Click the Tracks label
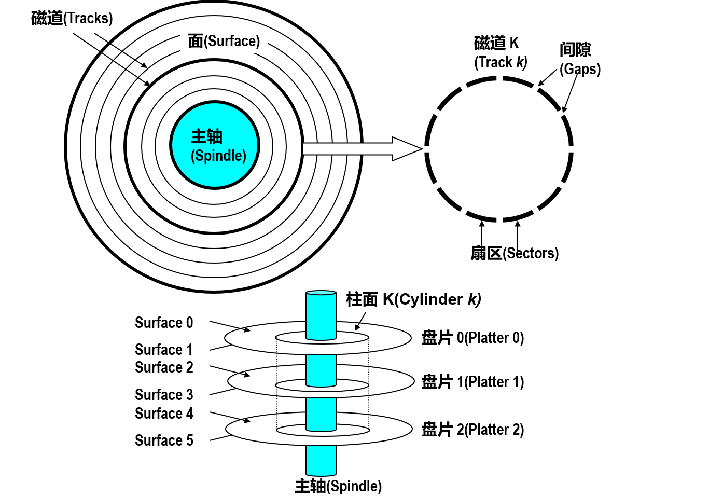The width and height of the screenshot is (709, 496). pos(72,18)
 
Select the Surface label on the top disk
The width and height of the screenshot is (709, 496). pos(224,41)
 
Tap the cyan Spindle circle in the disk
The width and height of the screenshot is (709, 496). pos(215,145)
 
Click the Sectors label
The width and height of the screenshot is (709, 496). pos(514,253)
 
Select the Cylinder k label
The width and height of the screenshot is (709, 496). pos(413,299)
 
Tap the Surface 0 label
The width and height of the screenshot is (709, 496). pos(164,323)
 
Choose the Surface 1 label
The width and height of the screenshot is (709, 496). pos(164,349)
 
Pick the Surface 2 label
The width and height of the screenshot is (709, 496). pos(164,367)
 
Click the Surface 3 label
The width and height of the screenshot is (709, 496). pos(164,395)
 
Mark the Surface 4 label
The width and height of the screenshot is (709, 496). pos(164,414)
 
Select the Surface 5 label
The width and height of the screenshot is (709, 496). pos(164,440)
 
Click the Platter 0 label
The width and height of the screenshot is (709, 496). pos(472,338)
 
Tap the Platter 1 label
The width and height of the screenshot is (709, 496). pos(472,382)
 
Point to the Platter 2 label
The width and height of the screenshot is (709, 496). pos(472,430)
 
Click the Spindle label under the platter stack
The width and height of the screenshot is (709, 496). pos(338,486)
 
